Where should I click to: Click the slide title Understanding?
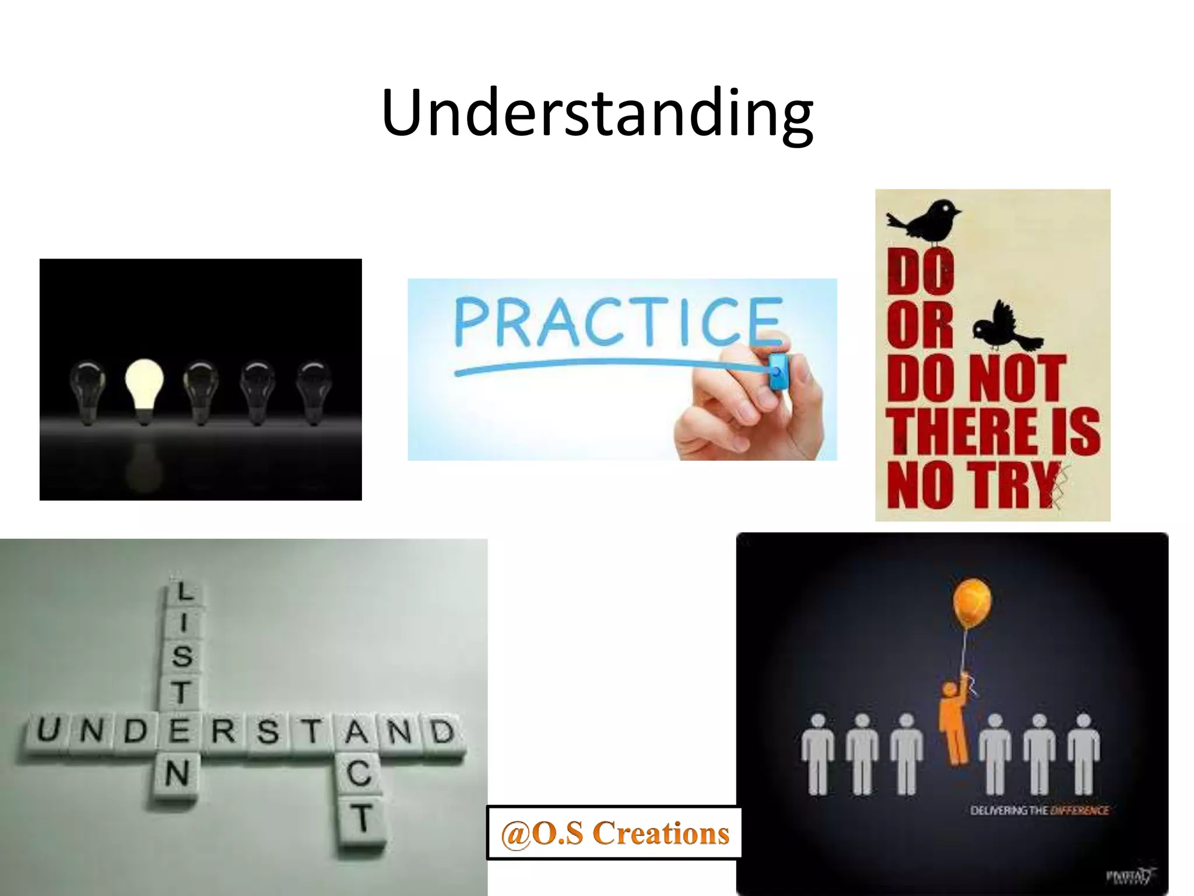[597, 113]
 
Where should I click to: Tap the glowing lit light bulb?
[144, 385]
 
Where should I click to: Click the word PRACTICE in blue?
[618, 322]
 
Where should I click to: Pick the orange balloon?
[972, 604]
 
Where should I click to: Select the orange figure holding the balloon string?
[954, 723]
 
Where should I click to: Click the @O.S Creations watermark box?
[614, 833]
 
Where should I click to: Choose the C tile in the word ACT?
[359, 774]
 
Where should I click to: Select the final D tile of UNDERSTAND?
[443, 731]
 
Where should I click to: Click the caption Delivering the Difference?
[1039, 810]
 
